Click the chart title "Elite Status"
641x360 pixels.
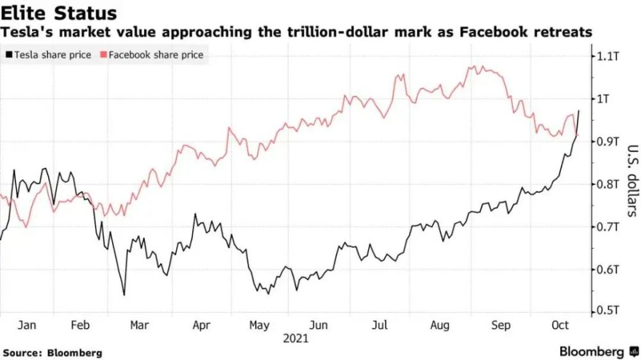(x=58, y=13)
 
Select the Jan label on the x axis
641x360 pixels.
(x=26, y=325)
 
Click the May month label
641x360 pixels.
(x=259, y=325)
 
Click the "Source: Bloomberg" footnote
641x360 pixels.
(x=53, y=352)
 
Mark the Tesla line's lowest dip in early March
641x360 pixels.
(x=124, y=295)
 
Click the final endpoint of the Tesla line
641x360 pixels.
(x=579, y=111)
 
